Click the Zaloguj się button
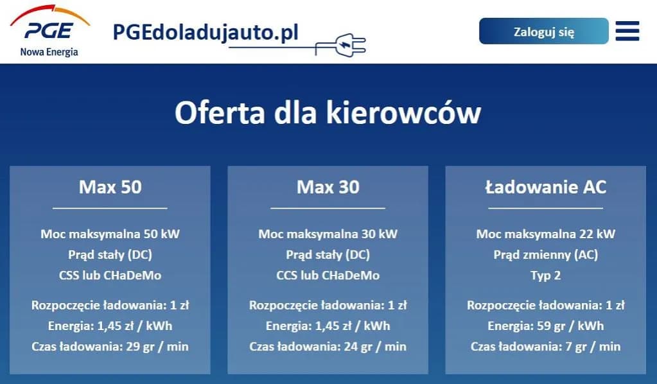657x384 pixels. (x=543, y=31)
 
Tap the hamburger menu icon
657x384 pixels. (x=627, y=31)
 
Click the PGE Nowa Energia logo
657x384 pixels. (x=49, y=32)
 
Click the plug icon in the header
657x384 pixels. (x=343, y=44)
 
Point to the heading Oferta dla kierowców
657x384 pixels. (x=328, y=113)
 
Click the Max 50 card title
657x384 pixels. (x=110, y=187)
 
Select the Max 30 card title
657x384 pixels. (x=328, y=187)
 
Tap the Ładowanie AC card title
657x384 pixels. (x=545, y=187)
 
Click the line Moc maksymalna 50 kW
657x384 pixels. (x=110, y=234)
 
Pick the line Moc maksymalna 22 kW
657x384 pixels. (x=545, y=234)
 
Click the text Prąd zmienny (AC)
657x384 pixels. (x=545, y=254)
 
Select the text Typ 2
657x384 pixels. (x=545, y=275)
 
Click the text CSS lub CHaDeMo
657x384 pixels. (x=110, y=275)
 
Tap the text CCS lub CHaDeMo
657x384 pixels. (x=328, y=275)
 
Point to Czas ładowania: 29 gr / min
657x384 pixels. (x=110, y=347)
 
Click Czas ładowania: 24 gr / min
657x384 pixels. (x=328, y=347)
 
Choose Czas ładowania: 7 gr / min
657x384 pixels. (x=545, y=347)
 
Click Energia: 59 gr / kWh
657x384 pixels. (x=545, y=326)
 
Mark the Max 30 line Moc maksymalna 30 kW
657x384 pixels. (x=328, y=234)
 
